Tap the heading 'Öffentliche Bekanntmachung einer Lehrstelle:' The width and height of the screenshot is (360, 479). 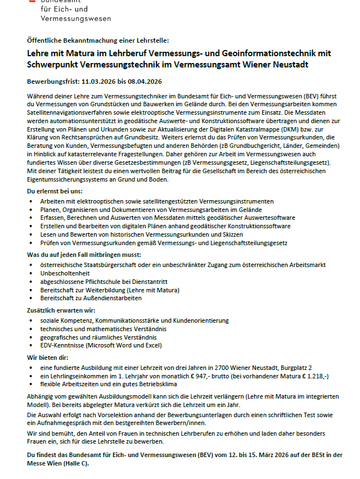tap(97, 40)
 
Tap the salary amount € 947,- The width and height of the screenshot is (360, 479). tap(211, 375)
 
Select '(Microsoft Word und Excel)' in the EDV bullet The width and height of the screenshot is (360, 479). tap(124, 346)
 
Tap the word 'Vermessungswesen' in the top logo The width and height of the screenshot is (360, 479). tap(75, 19)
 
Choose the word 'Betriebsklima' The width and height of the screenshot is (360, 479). tap(156, 384)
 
